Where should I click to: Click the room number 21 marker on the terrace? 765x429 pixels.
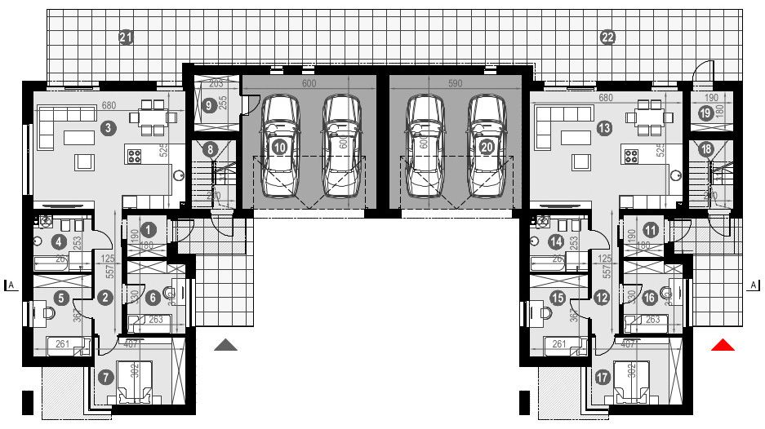(x=126, y=38)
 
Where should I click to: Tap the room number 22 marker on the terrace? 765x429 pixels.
(x=607, y=38)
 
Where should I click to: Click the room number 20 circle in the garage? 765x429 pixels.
(x=487, y=147)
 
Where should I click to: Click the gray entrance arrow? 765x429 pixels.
(x=226, y=346)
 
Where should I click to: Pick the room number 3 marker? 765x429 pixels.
(x=107, y=127)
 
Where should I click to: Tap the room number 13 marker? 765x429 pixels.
(x=604, y=127)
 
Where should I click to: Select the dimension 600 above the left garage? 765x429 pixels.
(x=309, y=83)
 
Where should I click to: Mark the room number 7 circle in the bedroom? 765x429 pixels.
(x=105, y=378)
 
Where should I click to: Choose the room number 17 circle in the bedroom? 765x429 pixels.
(x=603, y=378)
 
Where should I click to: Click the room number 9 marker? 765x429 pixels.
(x=210, y=105)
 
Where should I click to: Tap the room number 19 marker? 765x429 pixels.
(x=705, y=115)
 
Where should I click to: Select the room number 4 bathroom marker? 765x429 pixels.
(x=58, y=241)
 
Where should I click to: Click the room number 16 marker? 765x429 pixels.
(x=650, y=299)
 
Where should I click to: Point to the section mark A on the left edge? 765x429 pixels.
(x=11, y=285)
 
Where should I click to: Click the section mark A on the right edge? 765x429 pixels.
(x=753, y=285)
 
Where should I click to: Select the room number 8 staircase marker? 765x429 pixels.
(x=211, y=149)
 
